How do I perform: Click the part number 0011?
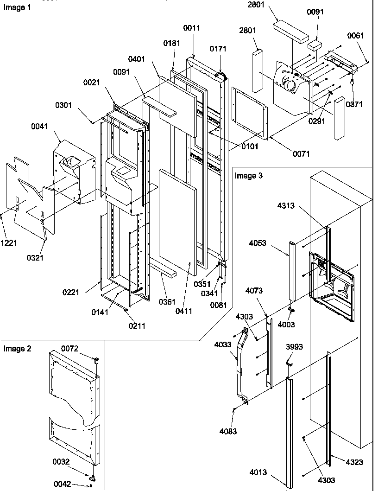pos(191,28)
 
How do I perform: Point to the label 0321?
pos(35,258)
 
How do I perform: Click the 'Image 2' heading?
pos(18,349)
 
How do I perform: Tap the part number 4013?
pos(258,473)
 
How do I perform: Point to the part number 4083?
pos(228,432)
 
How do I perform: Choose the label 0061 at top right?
pos(355,36)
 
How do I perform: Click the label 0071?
pos(301,153)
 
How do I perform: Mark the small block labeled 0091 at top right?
pos(315,45)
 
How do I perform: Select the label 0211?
pos(137,326)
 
